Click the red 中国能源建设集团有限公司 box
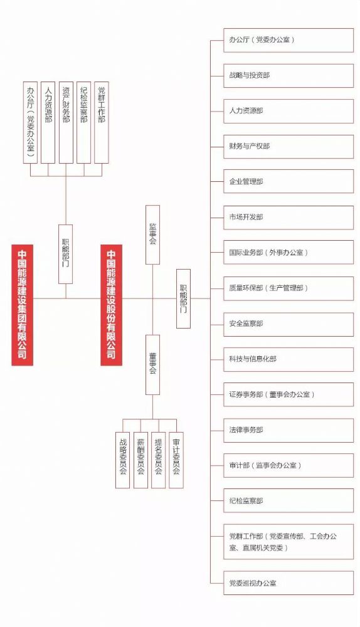23,305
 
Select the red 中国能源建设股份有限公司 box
111,305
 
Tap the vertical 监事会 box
152,234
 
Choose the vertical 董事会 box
152,365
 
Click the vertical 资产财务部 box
66,123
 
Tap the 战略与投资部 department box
289,76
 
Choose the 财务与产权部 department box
289,146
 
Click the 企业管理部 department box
289,182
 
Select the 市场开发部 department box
289,218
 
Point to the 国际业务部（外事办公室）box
289,252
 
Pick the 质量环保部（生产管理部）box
289,288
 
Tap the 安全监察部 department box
289,324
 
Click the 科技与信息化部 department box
289,359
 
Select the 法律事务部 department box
289,430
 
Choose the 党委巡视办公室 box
289,583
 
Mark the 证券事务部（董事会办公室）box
289,394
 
